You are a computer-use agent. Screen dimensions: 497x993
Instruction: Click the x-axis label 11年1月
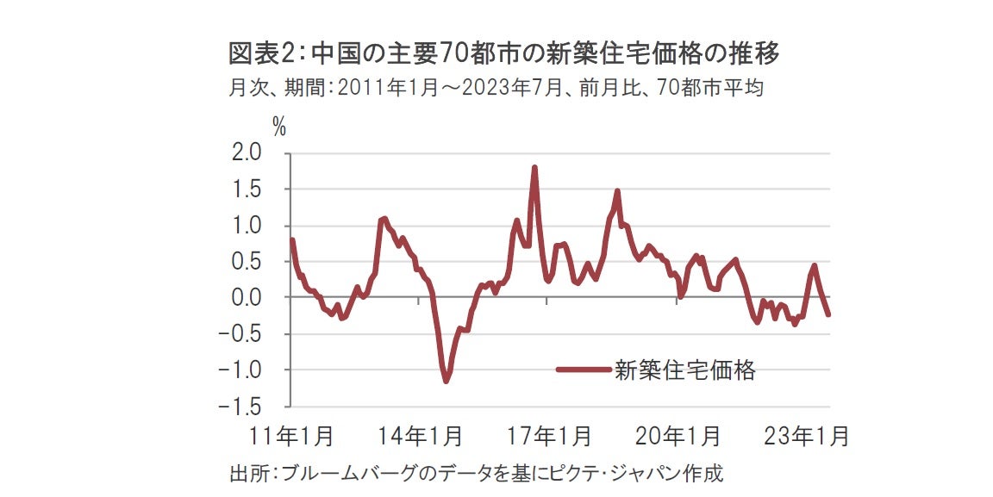pyautogui.click(x=291, y=436)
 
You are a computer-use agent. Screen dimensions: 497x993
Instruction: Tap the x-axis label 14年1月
pyautogui.click(x=420, y=436)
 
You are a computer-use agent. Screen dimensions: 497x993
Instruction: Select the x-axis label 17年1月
pyautogui.click(x=548, y=436)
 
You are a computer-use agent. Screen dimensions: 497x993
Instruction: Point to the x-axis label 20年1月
pyautogui.click(x=678, y=436)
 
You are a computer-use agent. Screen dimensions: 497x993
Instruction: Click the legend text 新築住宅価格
pyautogui.click(x=684, y=370)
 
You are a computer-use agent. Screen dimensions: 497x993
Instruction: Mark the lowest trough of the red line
pyautogui.click(x=446, y=381)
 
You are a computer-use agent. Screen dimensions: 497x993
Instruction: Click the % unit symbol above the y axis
pyautogui.click(x=279, y=126)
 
